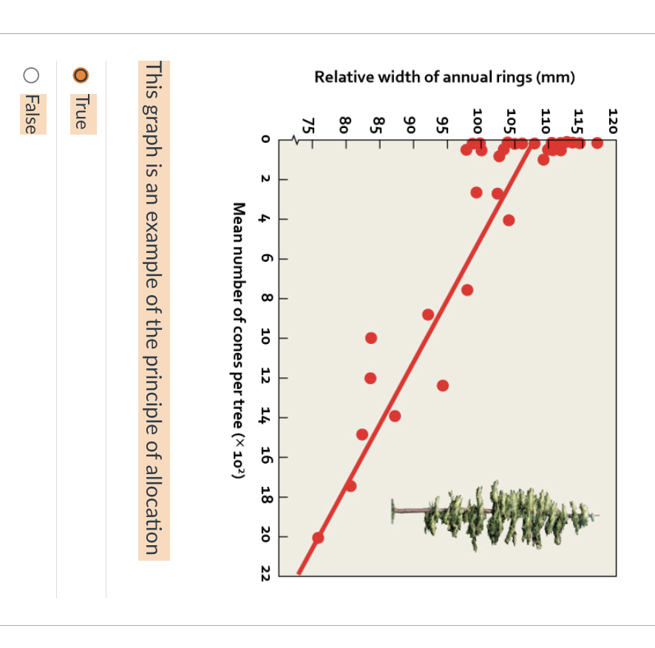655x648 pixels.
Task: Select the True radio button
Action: tap(81, 75)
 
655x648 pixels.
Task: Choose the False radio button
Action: tap(30, 75)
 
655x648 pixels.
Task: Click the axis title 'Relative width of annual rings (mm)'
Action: tap(444, 78)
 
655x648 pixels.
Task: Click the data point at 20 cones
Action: tap(318, 538)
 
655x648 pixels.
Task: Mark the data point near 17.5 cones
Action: tap(350, 486)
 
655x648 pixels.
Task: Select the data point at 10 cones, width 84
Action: tap(371, 338)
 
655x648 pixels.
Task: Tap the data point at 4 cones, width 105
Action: tap(509, 220)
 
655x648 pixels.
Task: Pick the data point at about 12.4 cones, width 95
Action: tap(443, 385)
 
